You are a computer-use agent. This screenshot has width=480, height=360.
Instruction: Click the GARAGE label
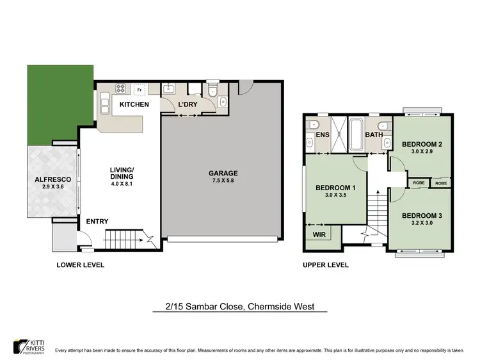223,173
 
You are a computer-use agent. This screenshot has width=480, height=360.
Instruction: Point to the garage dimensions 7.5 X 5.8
223,182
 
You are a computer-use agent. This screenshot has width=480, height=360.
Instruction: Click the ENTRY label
97,222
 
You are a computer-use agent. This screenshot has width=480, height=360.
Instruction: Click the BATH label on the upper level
374,135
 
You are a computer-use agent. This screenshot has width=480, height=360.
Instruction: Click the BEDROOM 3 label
424,215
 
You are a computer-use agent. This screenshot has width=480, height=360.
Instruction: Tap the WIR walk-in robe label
319,235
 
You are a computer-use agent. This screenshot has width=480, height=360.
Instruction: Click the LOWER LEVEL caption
81,265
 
